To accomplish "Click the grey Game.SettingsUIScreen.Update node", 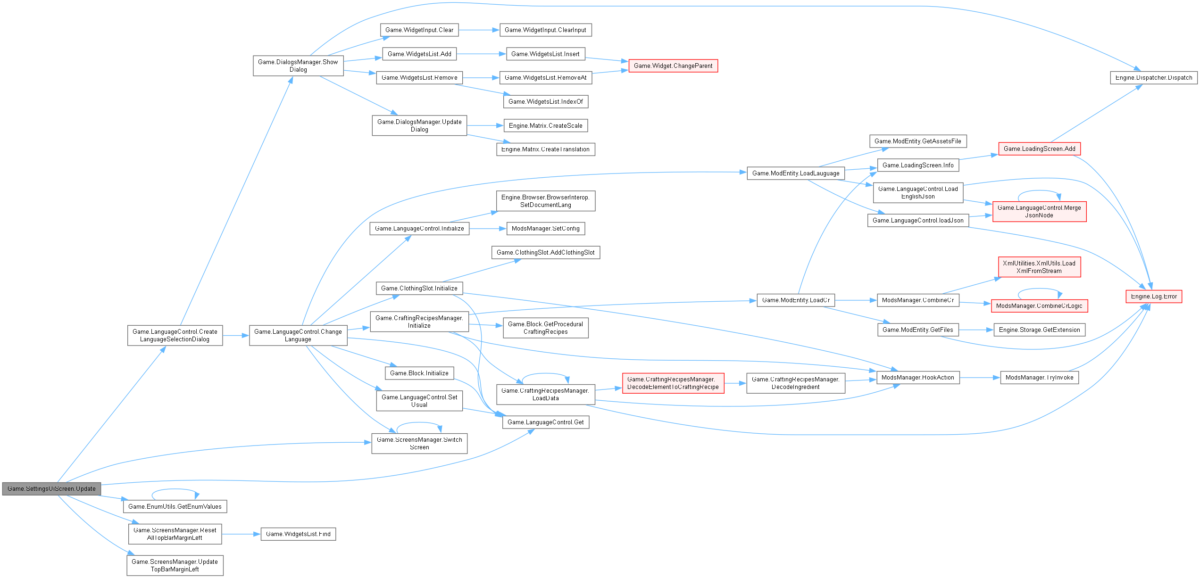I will [x=51, y=489].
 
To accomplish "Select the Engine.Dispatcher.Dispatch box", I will [x=1153, y=78].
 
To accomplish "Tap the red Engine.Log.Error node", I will [x=1154, y=297].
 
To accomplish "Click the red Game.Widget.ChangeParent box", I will [x=673, y=66].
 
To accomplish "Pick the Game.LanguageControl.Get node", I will [x=546, y=422].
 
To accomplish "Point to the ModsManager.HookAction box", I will [x=917, y=378].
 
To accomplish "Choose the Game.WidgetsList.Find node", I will [x=298, y=534].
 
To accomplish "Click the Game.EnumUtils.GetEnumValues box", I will [x=175, y=507].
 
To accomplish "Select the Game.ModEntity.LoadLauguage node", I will [x=796, y=173].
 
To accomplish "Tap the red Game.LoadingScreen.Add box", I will [x=1039, y=149].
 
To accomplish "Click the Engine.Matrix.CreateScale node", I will [x=546, y=126].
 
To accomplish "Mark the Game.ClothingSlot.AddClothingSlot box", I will [x=545, y=253].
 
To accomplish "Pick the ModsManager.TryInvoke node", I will [x=1039, y=378].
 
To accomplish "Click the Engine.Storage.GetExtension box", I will [x=1039, y=330].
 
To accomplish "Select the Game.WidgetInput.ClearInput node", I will [x=545, y=30].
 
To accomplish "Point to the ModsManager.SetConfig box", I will [x=545, y=229].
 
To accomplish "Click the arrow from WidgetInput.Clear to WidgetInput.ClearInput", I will [x=479, y=30].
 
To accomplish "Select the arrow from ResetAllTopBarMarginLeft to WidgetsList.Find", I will [x=241, y=534].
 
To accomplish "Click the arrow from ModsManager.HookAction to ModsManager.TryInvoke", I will [x=980, y=378].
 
